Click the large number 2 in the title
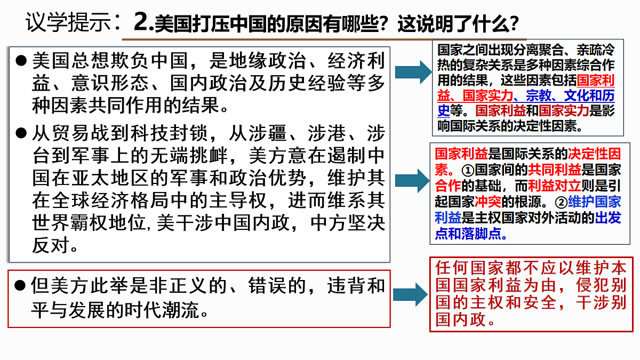coord(142,22)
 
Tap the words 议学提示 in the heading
coord(69,22)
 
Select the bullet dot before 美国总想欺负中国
coord(21,61)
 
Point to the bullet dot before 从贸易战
coord(21,133)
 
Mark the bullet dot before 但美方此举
coord(20,285)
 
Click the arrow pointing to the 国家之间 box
coord(413,72)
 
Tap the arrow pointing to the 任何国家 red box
coord(410,294)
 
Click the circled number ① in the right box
coord(468,171)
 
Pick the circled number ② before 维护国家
coord(561,203)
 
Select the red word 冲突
coord(487,202)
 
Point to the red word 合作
coord(447,186)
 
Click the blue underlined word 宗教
coord(539,95)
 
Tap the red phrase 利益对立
coord(554,186)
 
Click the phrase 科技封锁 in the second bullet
coord(169,133)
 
